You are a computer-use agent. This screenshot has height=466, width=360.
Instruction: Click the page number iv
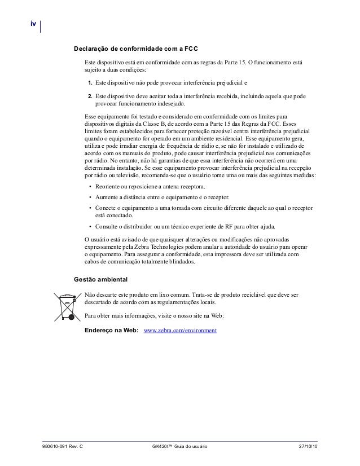33,24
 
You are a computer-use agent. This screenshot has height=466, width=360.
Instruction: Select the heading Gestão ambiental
101,279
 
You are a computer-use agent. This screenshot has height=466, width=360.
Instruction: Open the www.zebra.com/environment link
181,330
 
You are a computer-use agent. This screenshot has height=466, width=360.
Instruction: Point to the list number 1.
90,83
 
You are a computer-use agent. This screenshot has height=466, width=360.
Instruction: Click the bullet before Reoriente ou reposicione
90,187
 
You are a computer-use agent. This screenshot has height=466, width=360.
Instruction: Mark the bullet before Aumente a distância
90,197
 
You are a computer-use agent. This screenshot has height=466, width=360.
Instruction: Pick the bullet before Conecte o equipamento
90,208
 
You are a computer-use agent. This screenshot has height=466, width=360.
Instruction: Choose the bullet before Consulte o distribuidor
90,226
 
